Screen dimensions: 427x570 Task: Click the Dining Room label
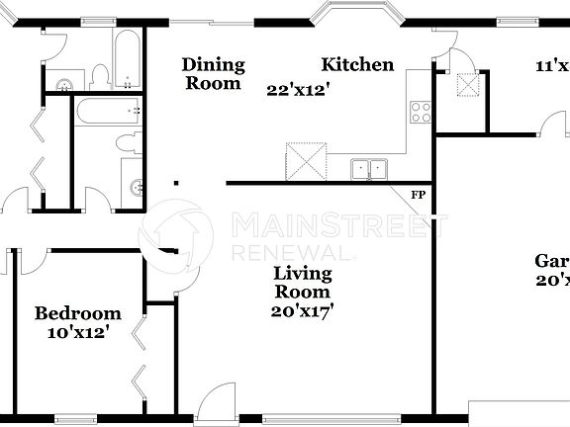(213, 74)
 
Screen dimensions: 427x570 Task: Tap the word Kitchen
(357, 65)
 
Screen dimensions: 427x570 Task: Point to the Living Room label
(302, 283)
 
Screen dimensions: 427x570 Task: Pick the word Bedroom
(78, 313)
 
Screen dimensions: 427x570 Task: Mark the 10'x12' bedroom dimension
(78, 333)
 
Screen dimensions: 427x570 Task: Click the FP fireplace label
(418, 195)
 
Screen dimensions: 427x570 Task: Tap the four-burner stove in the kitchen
(420, 112)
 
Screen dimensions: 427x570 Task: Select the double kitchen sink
(371, 169)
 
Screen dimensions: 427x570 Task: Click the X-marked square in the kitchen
(305, 160)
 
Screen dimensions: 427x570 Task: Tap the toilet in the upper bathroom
(100, 75)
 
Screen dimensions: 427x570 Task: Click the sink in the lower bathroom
(138, 185)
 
